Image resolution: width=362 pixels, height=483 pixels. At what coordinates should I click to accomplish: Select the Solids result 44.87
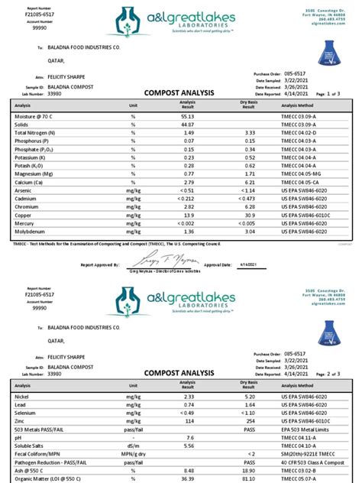click(x=188, y=125)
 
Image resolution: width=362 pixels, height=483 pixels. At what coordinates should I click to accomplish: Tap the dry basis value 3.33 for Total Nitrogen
click(x=248, y=133)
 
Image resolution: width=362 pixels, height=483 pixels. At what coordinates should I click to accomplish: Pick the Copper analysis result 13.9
click(x=189, y=216)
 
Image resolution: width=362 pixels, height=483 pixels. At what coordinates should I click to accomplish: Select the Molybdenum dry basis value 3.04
click(x=248, y=232)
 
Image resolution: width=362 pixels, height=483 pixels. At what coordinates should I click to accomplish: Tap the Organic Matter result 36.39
click(x=188, y=478)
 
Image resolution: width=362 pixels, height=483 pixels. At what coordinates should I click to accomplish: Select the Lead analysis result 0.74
click(x=189, y=405)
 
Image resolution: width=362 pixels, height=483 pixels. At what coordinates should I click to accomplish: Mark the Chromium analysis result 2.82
click(x=189, y=207)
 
